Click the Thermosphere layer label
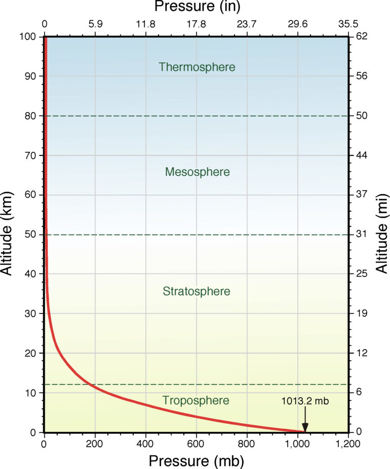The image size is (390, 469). pyautogui.click(x=197, y=67)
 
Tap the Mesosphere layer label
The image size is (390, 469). pyautogui.click(x=197, y=172)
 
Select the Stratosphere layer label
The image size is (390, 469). pyautogui.click(x=197, y=292)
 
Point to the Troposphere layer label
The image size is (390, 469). pyautogui.click(x=196, y=400)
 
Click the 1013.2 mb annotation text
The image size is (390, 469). pyautogui.click(x=305, y=401)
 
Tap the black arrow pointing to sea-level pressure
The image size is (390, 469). pyautogui.click(x=305, y=420)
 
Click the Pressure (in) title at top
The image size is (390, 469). pyautogui.click(x=197, y=7)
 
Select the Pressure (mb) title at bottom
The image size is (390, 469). pyautogui.click(x=196, y=460)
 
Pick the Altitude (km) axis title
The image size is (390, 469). pyautogui.click(x=7, y=234)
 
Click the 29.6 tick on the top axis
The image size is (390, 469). pyautogui.click(x=298, y=23)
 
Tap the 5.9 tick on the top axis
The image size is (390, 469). pyautogui.click(x=95, y=23)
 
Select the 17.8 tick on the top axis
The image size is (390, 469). pyautogui.click(x=197, y=23)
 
